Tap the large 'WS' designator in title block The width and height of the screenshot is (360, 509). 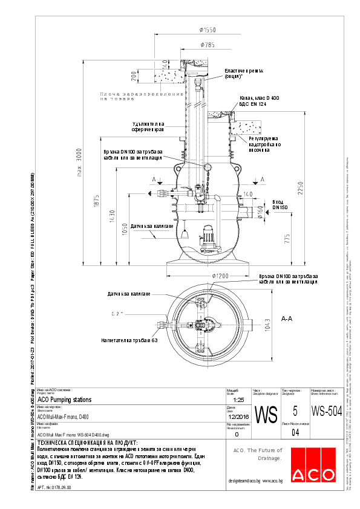(267, 414)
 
